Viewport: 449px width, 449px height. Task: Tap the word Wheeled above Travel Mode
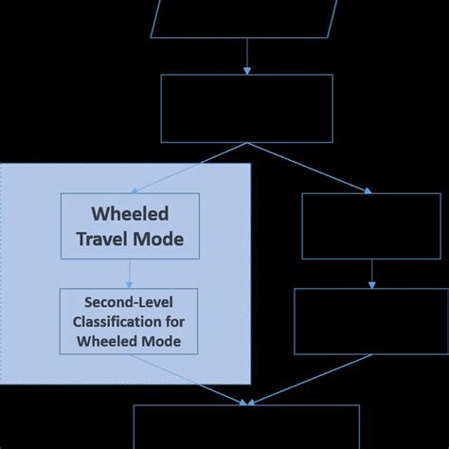(129, 213)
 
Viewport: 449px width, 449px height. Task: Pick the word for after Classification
(175, 323)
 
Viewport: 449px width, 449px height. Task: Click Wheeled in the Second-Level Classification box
(105, 340)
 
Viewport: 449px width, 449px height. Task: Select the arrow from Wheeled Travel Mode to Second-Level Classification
(129, 274)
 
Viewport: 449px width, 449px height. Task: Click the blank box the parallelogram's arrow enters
(247, 108)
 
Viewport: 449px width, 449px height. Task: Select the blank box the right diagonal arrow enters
(370, 225)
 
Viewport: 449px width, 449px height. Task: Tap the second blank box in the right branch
(370, 321)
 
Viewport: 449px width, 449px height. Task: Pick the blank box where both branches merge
(246, 427)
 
